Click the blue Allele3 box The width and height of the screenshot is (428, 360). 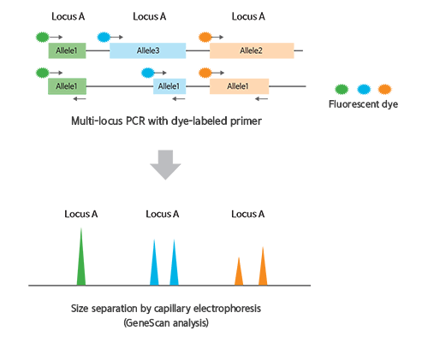pyautogui.click(x=148, y=50)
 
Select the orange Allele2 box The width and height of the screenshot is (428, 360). pyautogui.click(x=252, y=50)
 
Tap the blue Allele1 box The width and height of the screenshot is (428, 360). pyautogui.click(x=169, y=86)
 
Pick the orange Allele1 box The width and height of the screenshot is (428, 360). pyautogui.click(x=239, y=86)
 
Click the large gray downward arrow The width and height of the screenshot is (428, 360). pyautogui.click(x=165, y=165)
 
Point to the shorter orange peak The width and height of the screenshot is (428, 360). pyautogui.click(x=239, y=272)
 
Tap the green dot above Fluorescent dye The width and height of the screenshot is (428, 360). pyautogui.click(x=342, y=89)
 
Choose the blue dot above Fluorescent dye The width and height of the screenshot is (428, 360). pyautogui.click(x=364, y=89)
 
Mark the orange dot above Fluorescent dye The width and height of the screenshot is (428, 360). pyautogui.click(x=385, y=89)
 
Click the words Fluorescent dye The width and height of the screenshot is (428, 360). pyautogui.click(x=363, y=104)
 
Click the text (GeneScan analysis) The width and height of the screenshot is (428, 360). pyautogui.click(x=166, y=323)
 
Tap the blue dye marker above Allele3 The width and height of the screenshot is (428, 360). pyautogui.click(x=104, y=37)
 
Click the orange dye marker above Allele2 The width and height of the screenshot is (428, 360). pyautogui.click(x=205, y=37)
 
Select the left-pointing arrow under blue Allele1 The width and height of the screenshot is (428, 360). pyautogui.click(x=179, y=99)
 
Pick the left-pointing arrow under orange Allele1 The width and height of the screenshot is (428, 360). pyautogui.click(x=261, y=99)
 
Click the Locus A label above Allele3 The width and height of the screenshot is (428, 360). pyautogui.click(x=150, y=16)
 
